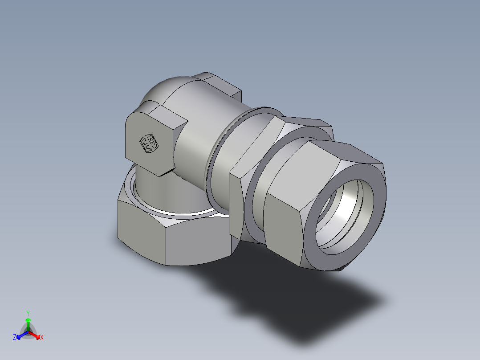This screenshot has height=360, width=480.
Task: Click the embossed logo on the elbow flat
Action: pos(149,143)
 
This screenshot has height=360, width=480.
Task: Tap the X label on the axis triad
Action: pos(42,338)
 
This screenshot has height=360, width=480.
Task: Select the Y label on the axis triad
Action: pos(28,313)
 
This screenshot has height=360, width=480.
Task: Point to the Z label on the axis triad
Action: pos(15,338)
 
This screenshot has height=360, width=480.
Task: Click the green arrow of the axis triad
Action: pos(28,323)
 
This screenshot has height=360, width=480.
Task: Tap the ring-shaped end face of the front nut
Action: pos(312,250)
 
